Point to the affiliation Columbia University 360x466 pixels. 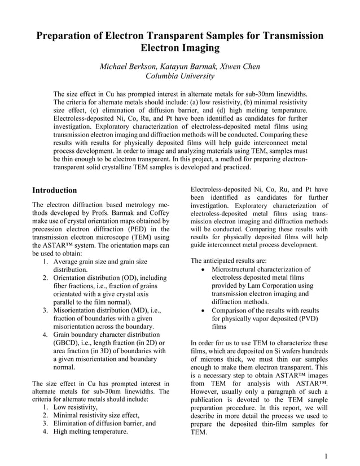click(x=180, y=76)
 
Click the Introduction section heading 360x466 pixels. click(x=55, y=190)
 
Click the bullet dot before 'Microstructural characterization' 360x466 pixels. click(x=203, y=270)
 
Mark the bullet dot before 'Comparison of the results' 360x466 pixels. click(x=203, y=311)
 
